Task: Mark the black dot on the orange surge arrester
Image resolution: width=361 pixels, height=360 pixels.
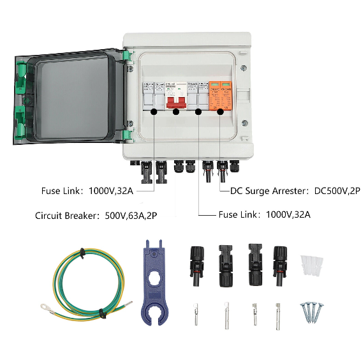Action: tap(221, 112)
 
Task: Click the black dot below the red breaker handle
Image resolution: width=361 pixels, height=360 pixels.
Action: tap(175, 112)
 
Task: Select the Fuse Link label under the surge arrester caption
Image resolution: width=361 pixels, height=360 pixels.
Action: tap(240, 216)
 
